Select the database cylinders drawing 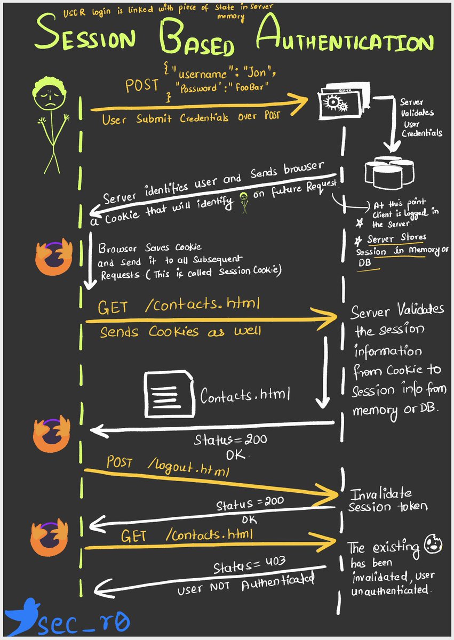click(x=390, y=171)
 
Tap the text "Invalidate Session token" click(x=387, y=500)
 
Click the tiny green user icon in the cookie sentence click(x=243, y=201)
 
